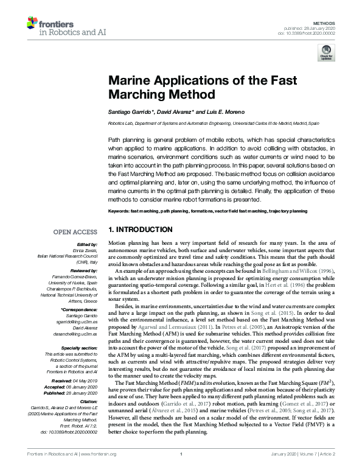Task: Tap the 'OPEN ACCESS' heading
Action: pyautogui.click(x=75, y=232)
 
